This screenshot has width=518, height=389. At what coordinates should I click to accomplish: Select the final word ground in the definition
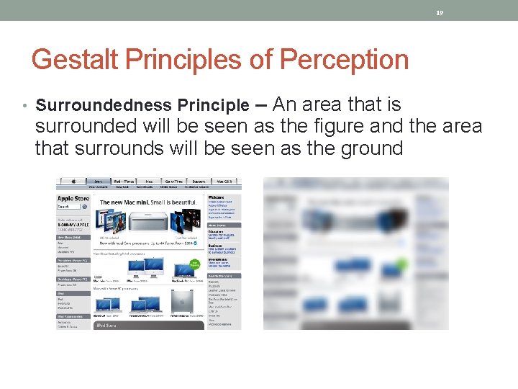pos(371,148)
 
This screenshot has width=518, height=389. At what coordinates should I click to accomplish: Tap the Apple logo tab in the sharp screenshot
pos(73,182)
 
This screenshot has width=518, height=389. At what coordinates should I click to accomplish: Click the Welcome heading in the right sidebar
pos(215,197)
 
